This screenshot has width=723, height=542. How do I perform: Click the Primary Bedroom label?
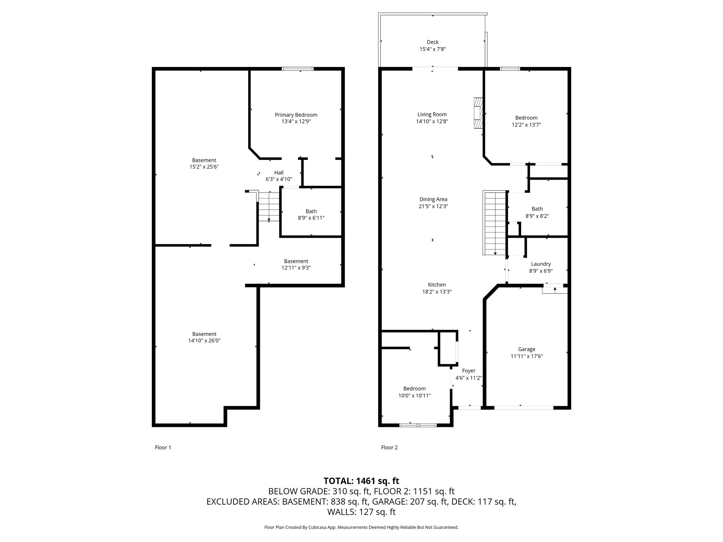pyautogui.click(x=296, y=115)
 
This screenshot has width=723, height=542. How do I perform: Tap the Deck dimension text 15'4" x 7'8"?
pyautogui.click(x=432, y=49)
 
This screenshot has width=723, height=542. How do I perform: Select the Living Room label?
pyautogui.click(x=432, y=114)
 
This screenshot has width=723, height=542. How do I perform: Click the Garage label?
pyautogui.click(x=526, y=349)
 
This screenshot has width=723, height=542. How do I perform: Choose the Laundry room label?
pyautogui.click(x=541, y=264)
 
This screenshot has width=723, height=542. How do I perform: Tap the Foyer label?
pyautogui.click(x=468, y=371)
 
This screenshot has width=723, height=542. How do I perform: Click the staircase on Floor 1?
pyautogui.click(x=269, y=206)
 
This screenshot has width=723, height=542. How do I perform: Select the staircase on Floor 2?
pyautogui.click(x=495, y=223)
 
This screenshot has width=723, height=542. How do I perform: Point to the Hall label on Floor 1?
pyautogui.click(x=279, y=173)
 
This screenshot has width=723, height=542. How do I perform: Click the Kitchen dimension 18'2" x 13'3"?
pyautogui.click(x=437, y=292)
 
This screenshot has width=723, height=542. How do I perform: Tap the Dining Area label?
pyautogui.click(x=433, y=199)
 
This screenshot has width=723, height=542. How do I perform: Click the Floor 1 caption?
pyautogui.click(x=163, y=447)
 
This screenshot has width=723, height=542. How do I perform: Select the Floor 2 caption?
pyautogui.click(x=389, y=447)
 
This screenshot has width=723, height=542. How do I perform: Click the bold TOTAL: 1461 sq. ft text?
pyautogui.click(x=361, y=481)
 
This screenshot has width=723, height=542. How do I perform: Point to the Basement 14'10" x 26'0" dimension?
pyautogui.click(x=204, y=341)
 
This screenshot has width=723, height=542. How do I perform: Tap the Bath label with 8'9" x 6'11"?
pyautogui.click(x=311, y=211)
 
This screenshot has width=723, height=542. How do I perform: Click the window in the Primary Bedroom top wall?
pyautogui.click(x=298, y=69)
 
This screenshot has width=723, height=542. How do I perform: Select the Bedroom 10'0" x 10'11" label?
pyautogui.click(x=414, y=389)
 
